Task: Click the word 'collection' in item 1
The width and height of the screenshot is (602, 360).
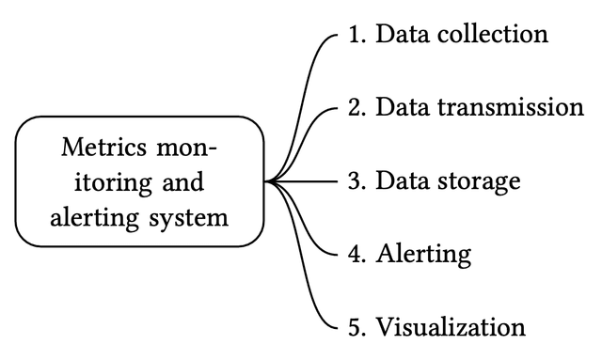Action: tap(495, 35)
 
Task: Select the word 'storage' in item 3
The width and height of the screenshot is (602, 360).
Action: tap(481, 181)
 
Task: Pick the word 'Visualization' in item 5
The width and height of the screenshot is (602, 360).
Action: tap(451, 327)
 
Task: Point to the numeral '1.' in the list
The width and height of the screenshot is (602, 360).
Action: tap(356, 35)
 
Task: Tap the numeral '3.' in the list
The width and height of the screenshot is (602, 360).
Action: tap(356, 181)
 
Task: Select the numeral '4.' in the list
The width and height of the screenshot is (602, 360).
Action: tap(356, 254)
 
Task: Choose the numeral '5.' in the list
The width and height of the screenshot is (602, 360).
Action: tap(356, 327)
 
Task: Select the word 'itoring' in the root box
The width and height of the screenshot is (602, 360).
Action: tap(99, 182)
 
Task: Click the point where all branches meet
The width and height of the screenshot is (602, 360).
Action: tap(267, 181)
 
